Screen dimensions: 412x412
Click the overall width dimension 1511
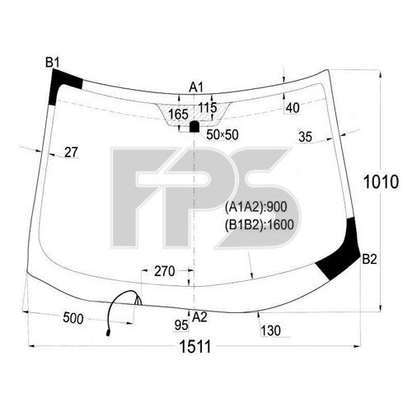[195, 346]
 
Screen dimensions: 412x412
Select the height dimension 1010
[381, 182]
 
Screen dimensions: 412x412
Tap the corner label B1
[53, 63]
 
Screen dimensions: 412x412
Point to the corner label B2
[369, 259]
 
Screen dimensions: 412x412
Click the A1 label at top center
[196, 87]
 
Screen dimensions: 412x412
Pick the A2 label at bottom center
[199, 317]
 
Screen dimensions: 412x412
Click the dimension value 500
[73, 319]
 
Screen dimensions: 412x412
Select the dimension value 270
[165, 271]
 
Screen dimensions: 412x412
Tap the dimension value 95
[181, 325]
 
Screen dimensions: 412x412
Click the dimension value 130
[270, 330]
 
